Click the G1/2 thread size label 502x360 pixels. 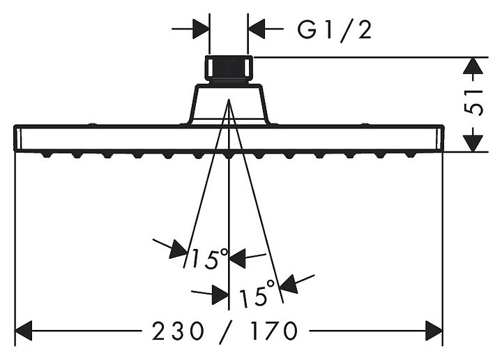point(334,30)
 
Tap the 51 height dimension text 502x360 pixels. point(473,102)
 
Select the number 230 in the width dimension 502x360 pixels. point(178,331)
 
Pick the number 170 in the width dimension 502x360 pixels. point(274,331)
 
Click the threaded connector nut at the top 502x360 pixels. point(228,70)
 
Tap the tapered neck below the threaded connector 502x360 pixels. point(229,105)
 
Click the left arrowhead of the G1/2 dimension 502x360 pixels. point(201,29)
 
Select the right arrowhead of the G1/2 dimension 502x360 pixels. point(257,29)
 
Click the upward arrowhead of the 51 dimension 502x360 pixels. point(473,66)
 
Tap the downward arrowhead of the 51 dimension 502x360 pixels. point(473,143)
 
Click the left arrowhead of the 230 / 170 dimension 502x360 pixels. point(24,331)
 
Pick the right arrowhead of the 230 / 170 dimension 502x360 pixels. point(434,331)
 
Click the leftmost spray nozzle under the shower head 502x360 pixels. point(47,155)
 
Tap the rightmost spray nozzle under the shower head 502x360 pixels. point(411,155)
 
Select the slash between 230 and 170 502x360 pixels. point(227,333)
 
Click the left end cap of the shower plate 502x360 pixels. point(18,138)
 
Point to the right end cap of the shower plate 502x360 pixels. point(440,138)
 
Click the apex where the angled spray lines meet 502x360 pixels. point(229,100)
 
